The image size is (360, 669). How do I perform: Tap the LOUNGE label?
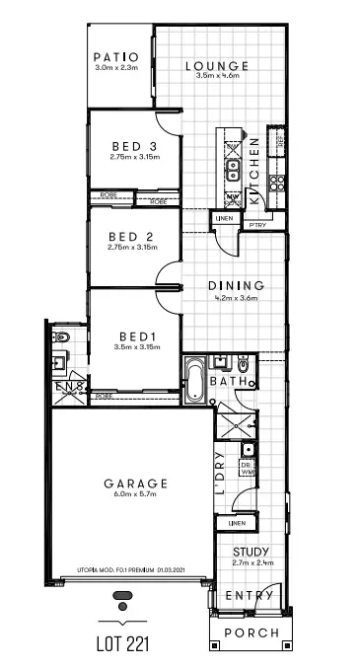tap(217, 66)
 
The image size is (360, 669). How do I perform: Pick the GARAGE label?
tap(136, 483)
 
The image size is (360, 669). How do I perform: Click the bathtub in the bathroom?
tap(194, 382)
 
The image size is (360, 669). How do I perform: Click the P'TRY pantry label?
tap(257, 225)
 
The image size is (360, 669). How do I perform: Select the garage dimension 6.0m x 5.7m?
tap(136, 495)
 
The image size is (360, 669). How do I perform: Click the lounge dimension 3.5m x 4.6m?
tap(217, 76)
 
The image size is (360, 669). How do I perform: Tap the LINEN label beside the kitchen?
tap(225, 218)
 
